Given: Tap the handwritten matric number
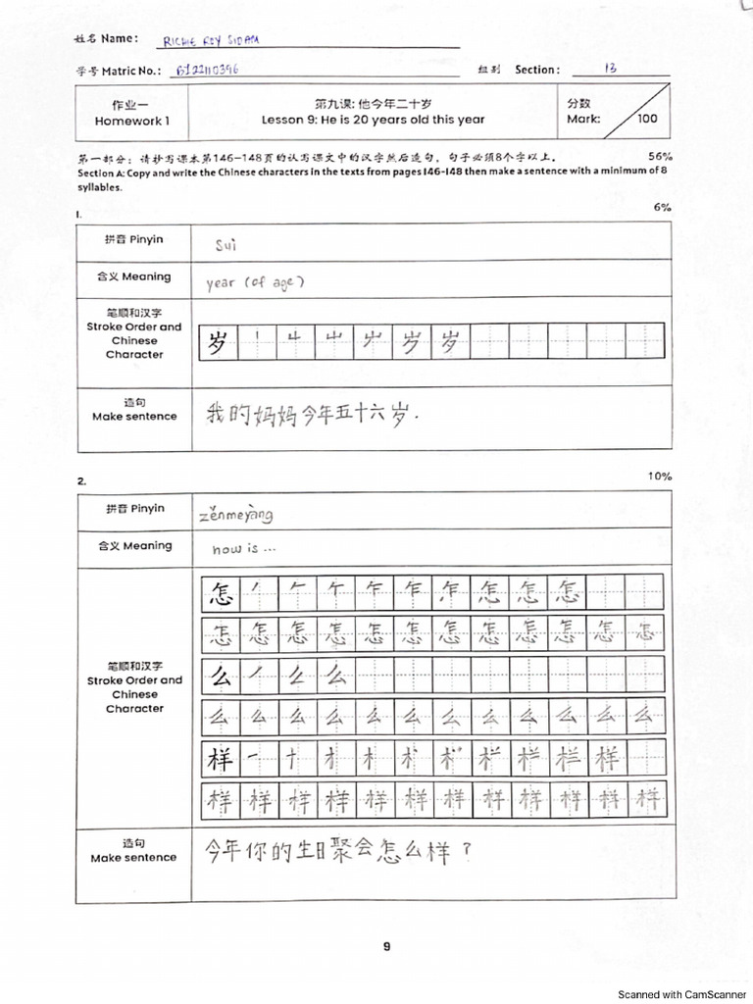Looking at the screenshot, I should pyautogui.click(x=209, y=71).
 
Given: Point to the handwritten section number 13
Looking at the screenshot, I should pyautogui.click(x=610, y=69).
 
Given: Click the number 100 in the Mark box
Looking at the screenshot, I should pyautogui.click(x=647, y=120).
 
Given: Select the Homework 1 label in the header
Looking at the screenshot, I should pyautogui.click(x=132, y=121).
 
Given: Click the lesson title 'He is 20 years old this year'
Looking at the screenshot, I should pyautogui.click(x=373, y=121).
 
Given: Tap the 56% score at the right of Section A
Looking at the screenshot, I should pyautogui.click(x=660, y=156).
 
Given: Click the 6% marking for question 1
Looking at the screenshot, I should pyautogui.click(x=663, y=207).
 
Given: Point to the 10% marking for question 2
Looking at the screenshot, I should pyautogui.click(x=660, y=476).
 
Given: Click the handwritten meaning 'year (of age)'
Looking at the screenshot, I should pyautogui.click(x=256, y=282).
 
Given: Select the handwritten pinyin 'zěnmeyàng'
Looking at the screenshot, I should pyautogui.click(x=235, y=514).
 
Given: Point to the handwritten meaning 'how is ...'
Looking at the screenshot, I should pyautogui.click(x=244, y=550).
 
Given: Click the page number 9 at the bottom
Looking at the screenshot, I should pyautogui.click(x=386, y=946).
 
